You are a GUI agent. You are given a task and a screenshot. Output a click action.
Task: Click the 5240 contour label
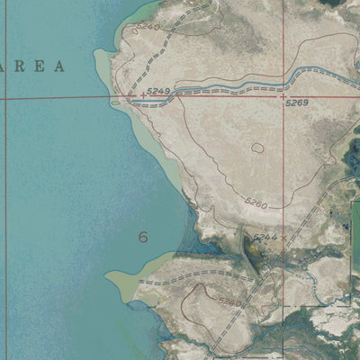click(148, 28)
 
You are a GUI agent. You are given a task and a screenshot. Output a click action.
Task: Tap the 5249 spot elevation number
click(157, 92)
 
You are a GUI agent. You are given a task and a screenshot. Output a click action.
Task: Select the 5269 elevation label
click(297, 103)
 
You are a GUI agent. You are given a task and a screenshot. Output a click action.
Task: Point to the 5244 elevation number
click(264, 238)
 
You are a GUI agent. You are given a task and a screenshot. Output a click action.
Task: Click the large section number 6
click(142, 238)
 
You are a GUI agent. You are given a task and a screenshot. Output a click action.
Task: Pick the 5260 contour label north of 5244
click(256, 204)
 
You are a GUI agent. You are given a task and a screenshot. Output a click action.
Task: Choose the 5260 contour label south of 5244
click(229, 302)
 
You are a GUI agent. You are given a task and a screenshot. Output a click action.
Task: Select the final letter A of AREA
click(61, 66)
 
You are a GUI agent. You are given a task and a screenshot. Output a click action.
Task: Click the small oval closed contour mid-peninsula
click(258, 148)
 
